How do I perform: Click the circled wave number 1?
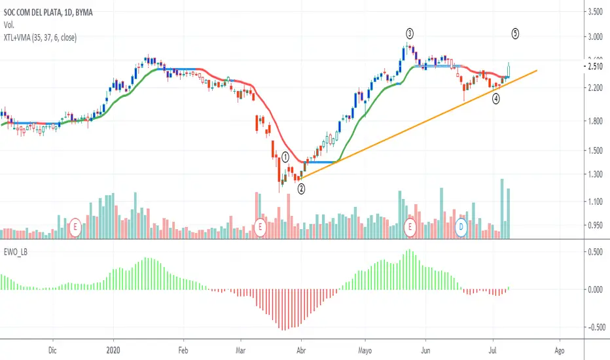[x=285, y=157]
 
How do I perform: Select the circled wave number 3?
[x=409, y=32]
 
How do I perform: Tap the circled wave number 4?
[x=496, y=98]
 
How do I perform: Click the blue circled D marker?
[x=461, y=227]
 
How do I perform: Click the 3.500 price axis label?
[x=595, y=12]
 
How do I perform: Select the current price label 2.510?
[x=595, y=66]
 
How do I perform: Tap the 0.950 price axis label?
[x=595, y=225]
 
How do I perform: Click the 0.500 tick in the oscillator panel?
[x=595, y=252]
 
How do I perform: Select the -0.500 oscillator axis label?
[x=594, y=327]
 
